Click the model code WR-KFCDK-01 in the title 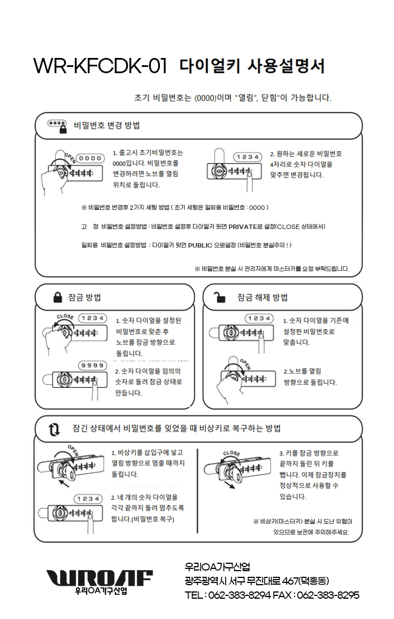pyautogui.click(x=100, y=66)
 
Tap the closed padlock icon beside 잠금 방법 pyautogui.click(x=57, y=297)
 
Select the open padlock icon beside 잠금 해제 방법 pyautogui.click(x=221, y=297)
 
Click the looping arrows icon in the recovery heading pyautogui.click(x=54, y=430)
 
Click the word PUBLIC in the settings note pyautogui.click(x=208, y=245)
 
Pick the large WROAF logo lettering pyautogui.click(x=99, y=577)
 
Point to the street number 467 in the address pyautogui.click(x=292, y=581)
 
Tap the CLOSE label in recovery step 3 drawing pyautogui.click(x=231, y=453)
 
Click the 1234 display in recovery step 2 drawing pyautogui.click(x=88, y=499)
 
